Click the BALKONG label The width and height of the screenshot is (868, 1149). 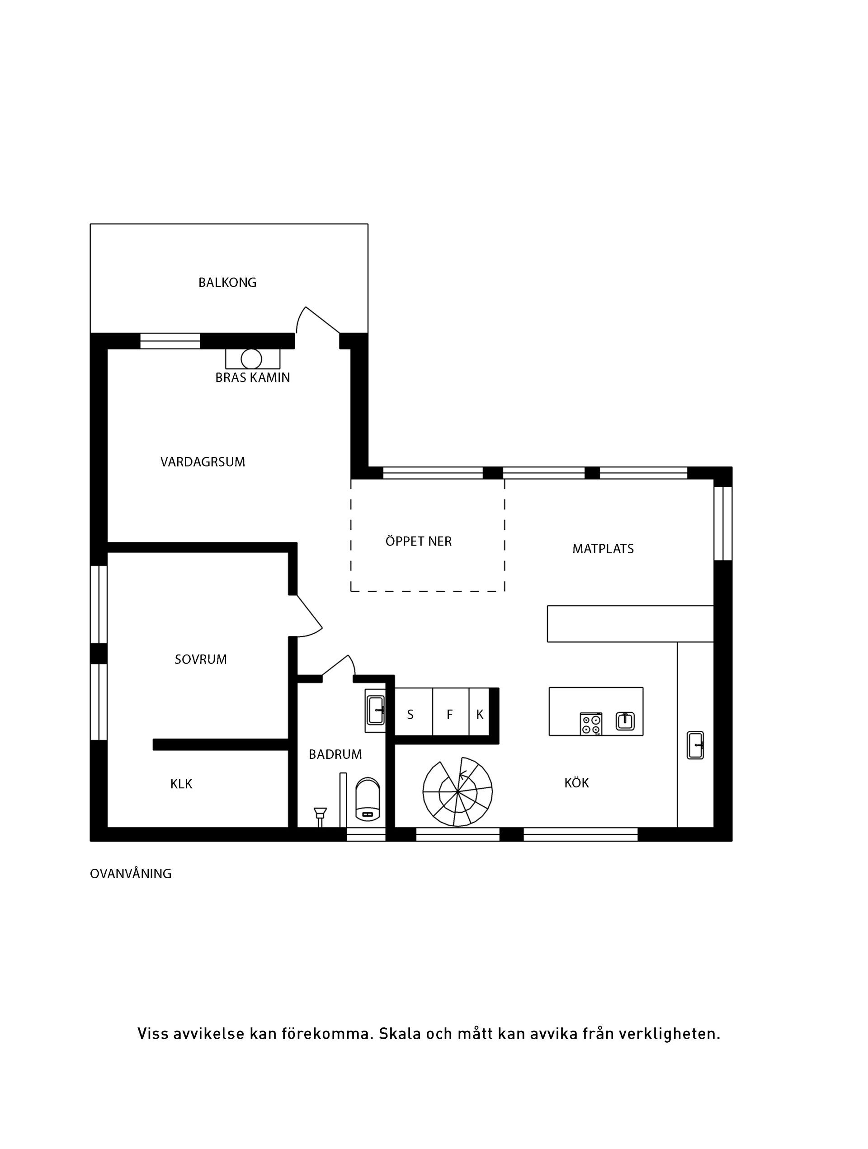tap(227, 283)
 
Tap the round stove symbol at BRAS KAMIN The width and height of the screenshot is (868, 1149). tap(251, 359)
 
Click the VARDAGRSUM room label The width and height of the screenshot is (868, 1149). tap(203, 462)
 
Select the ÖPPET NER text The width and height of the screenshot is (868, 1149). tap(418, 541)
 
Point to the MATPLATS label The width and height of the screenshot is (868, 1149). tap(603, 549)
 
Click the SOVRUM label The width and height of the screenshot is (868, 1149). tap(201, 659)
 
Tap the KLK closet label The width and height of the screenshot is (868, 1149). tap(181, 784)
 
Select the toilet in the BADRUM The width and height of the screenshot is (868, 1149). tap(367, 800)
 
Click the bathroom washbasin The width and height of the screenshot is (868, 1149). tap(375, 710)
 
